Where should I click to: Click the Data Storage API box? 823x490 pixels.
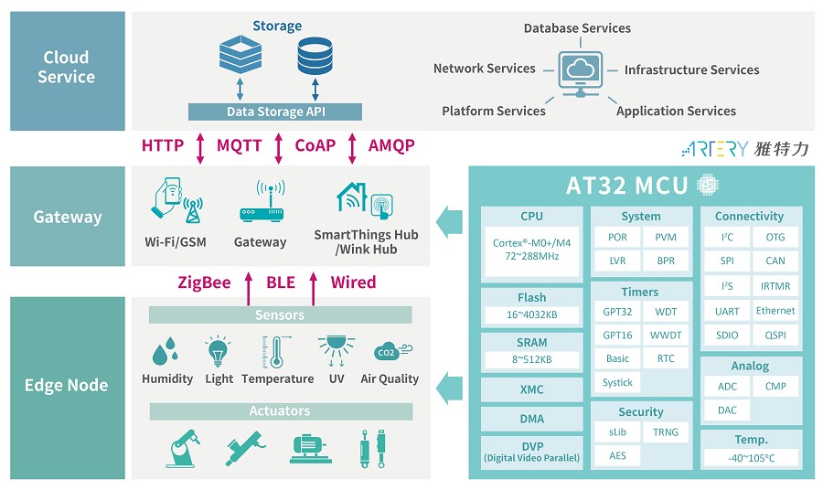pyautogui.click(x=275, y=112)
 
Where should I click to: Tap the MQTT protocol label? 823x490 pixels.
pyautogui.click(x=239, y=145)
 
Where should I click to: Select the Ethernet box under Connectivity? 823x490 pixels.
pyautogui.click(x=775, y=311)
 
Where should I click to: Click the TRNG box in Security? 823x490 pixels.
pyautogui.click(x=666, y=431)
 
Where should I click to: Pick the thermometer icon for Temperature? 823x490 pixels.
pyautogui.click(x=276, y=352)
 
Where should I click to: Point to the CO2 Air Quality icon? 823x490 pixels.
pyautogui.click(x=390, y=352)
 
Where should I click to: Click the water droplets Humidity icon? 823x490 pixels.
pyautogui.click(x=166, y=352)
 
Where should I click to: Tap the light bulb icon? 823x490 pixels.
pyautogui.click(x=218, y=351)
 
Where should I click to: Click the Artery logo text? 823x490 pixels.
pyautogui.click(x=745, y=148)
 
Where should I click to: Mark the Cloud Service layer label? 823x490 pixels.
pyautogui.click(x=67, y=68)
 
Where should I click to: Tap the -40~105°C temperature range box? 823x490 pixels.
pyautogui.click(x=750, y=457)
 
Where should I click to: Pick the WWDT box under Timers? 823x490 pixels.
pyautogui.click(x=666, y=336)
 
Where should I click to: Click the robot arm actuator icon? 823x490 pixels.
pyautogui.click(x=183, y=448)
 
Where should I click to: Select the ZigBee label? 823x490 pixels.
pyautogui.click(x=204, y=282)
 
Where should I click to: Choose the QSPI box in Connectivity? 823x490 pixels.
pyautogui.click(x=775, y=336)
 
